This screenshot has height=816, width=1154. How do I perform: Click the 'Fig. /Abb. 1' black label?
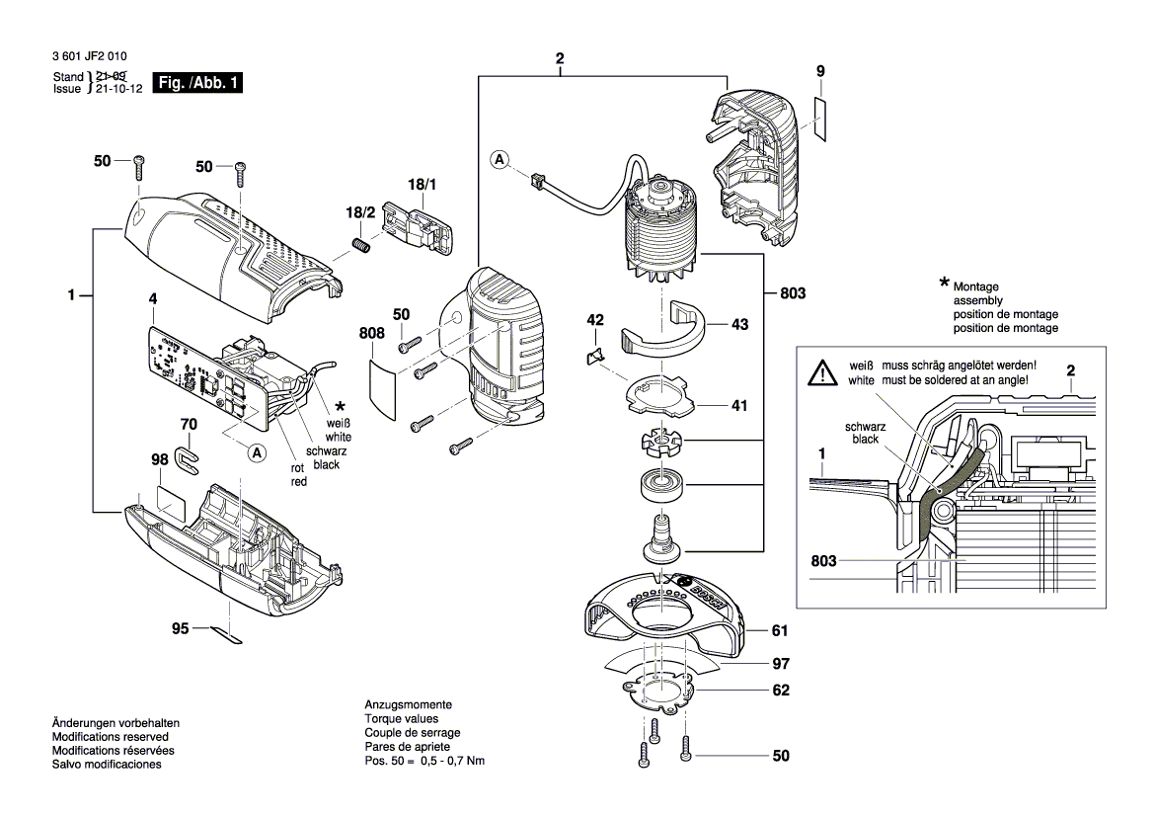pos(198,83)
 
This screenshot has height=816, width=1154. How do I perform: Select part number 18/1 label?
pos(422,184)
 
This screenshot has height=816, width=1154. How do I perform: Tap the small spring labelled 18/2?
pos(361,244)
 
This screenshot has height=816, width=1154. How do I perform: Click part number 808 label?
pos(372,334)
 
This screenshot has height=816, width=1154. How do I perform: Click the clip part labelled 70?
pos(186,455)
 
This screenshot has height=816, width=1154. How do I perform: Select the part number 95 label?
pos(179,628)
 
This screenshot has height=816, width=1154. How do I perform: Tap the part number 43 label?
pos(739,324)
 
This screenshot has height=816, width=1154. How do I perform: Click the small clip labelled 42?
pos(595,357)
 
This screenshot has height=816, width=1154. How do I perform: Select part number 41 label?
pos(739,405)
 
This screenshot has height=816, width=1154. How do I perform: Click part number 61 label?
pos(780,630)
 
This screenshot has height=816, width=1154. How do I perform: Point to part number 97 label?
pos(780,663)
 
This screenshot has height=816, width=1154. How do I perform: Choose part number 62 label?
pos(780,691)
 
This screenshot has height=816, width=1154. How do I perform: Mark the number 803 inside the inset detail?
pos(823,560)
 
